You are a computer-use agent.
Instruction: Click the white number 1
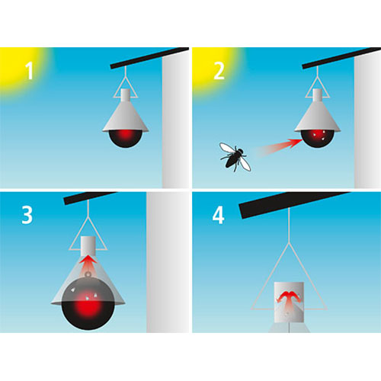(30, 71)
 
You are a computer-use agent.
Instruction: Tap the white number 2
(219, 71)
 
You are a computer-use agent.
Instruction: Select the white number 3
(27, 215)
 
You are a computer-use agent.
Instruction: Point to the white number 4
(218, 215)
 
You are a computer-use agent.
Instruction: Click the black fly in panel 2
(235, 158)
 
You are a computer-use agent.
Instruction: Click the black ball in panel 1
(126, 139)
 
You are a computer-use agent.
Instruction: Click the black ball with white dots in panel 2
(317, 139)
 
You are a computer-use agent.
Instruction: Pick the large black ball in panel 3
(88, 303)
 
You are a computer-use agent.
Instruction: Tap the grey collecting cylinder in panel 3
(88, 246)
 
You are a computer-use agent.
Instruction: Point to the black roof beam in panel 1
(149, 58)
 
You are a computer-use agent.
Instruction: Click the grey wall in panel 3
(168, 262)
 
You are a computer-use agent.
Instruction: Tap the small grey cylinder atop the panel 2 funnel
(317, 95)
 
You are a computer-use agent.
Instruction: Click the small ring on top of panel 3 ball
(88, 274)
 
